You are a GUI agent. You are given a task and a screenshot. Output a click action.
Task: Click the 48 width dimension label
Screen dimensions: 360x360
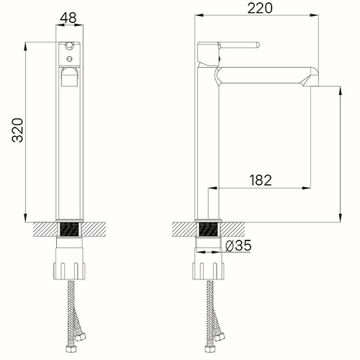(68, 17)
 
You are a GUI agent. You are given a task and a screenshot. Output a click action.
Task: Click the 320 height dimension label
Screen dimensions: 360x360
(18, 130)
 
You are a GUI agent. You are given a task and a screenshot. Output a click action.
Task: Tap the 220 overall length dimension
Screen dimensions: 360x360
(260, 8)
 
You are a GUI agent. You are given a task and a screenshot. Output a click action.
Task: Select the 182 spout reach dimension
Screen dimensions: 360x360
(261, 180)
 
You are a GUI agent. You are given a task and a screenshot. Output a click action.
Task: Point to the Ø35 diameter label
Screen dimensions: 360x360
(238, 246)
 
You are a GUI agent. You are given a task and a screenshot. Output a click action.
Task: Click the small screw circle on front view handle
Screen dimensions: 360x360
(69, 58)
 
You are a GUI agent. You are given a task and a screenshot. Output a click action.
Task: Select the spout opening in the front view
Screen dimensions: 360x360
(69, 76)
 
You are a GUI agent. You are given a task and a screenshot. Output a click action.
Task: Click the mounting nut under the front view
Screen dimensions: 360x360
(69, 271)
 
